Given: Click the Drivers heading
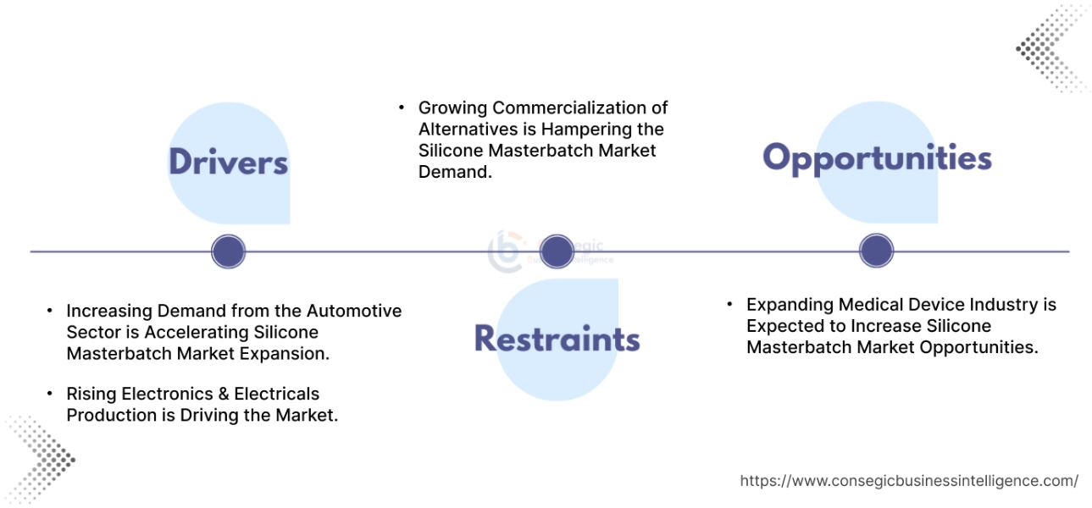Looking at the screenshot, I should (228, 162).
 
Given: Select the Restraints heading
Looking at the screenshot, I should (557, 339).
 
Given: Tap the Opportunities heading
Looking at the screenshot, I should (877, 158).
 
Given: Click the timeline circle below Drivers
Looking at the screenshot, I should (228, 251).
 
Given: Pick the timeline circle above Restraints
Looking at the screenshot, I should (557, 251).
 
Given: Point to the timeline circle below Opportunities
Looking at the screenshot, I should (876, 251).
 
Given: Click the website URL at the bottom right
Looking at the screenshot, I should (908, 481).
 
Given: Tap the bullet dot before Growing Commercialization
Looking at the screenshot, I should (402, 108).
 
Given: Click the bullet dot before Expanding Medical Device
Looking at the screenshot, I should (729, 305).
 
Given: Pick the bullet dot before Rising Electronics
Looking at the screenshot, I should (51, 395).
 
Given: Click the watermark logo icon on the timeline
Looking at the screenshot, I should (507, 251).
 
